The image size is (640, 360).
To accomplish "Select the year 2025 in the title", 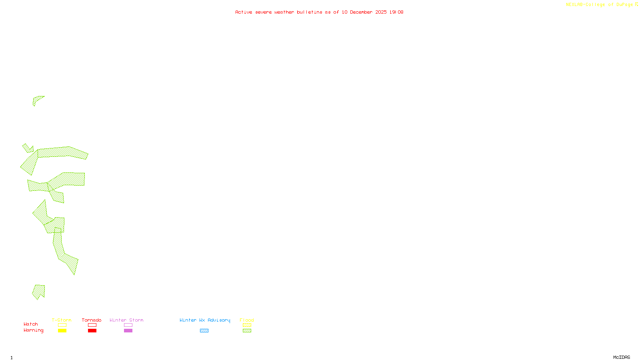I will tap(381, 12).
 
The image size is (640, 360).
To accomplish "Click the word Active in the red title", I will tap(244, 12).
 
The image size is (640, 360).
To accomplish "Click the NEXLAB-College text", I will tap(585, 4).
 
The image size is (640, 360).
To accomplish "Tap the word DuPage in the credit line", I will tap(624, 4).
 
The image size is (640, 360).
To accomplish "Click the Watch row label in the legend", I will tap(31, 324).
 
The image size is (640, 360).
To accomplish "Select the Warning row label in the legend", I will tap(33, 330).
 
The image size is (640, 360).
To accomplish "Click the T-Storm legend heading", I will tap(62, 320).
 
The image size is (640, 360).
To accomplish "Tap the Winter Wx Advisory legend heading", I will tap(205, 320).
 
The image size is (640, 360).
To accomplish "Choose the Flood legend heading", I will tap(247, 320).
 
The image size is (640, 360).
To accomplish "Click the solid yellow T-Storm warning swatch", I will tap(62, 331).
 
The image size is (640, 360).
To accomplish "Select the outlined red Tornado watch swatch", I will tap(92, 325).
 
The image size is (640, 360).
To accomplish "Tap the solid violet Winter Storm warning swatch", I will tap(128, 331).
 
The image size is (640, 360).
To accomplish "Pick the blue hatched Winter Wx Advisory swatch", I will tap(204, 331).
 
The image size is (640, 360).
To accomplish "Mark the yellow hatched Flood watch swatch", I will tap(247, 325).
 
